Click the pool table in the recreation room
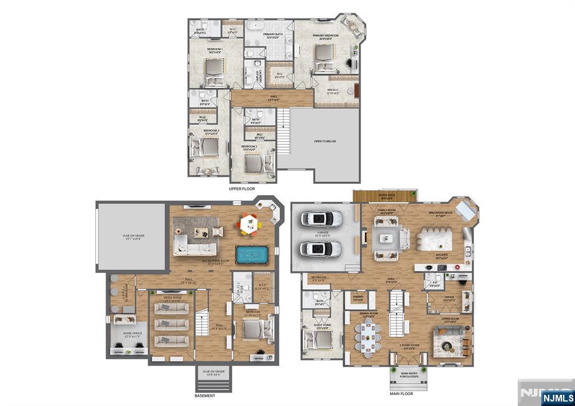click(253, 254)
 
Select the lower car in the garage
click(321, 248)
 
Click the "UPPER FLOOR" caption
click(242, 189)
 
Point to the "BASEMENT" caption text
click(206, 395)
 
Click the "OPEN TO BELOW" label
click(325, 142)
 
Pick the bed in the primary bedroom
click(323, 58)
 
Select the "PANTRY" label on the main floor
click(358, 297)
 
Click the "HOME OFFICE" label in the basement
click(133, 334)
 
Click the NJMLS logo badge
click(555, 397)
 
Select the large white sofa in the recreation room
click(194, 245)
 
